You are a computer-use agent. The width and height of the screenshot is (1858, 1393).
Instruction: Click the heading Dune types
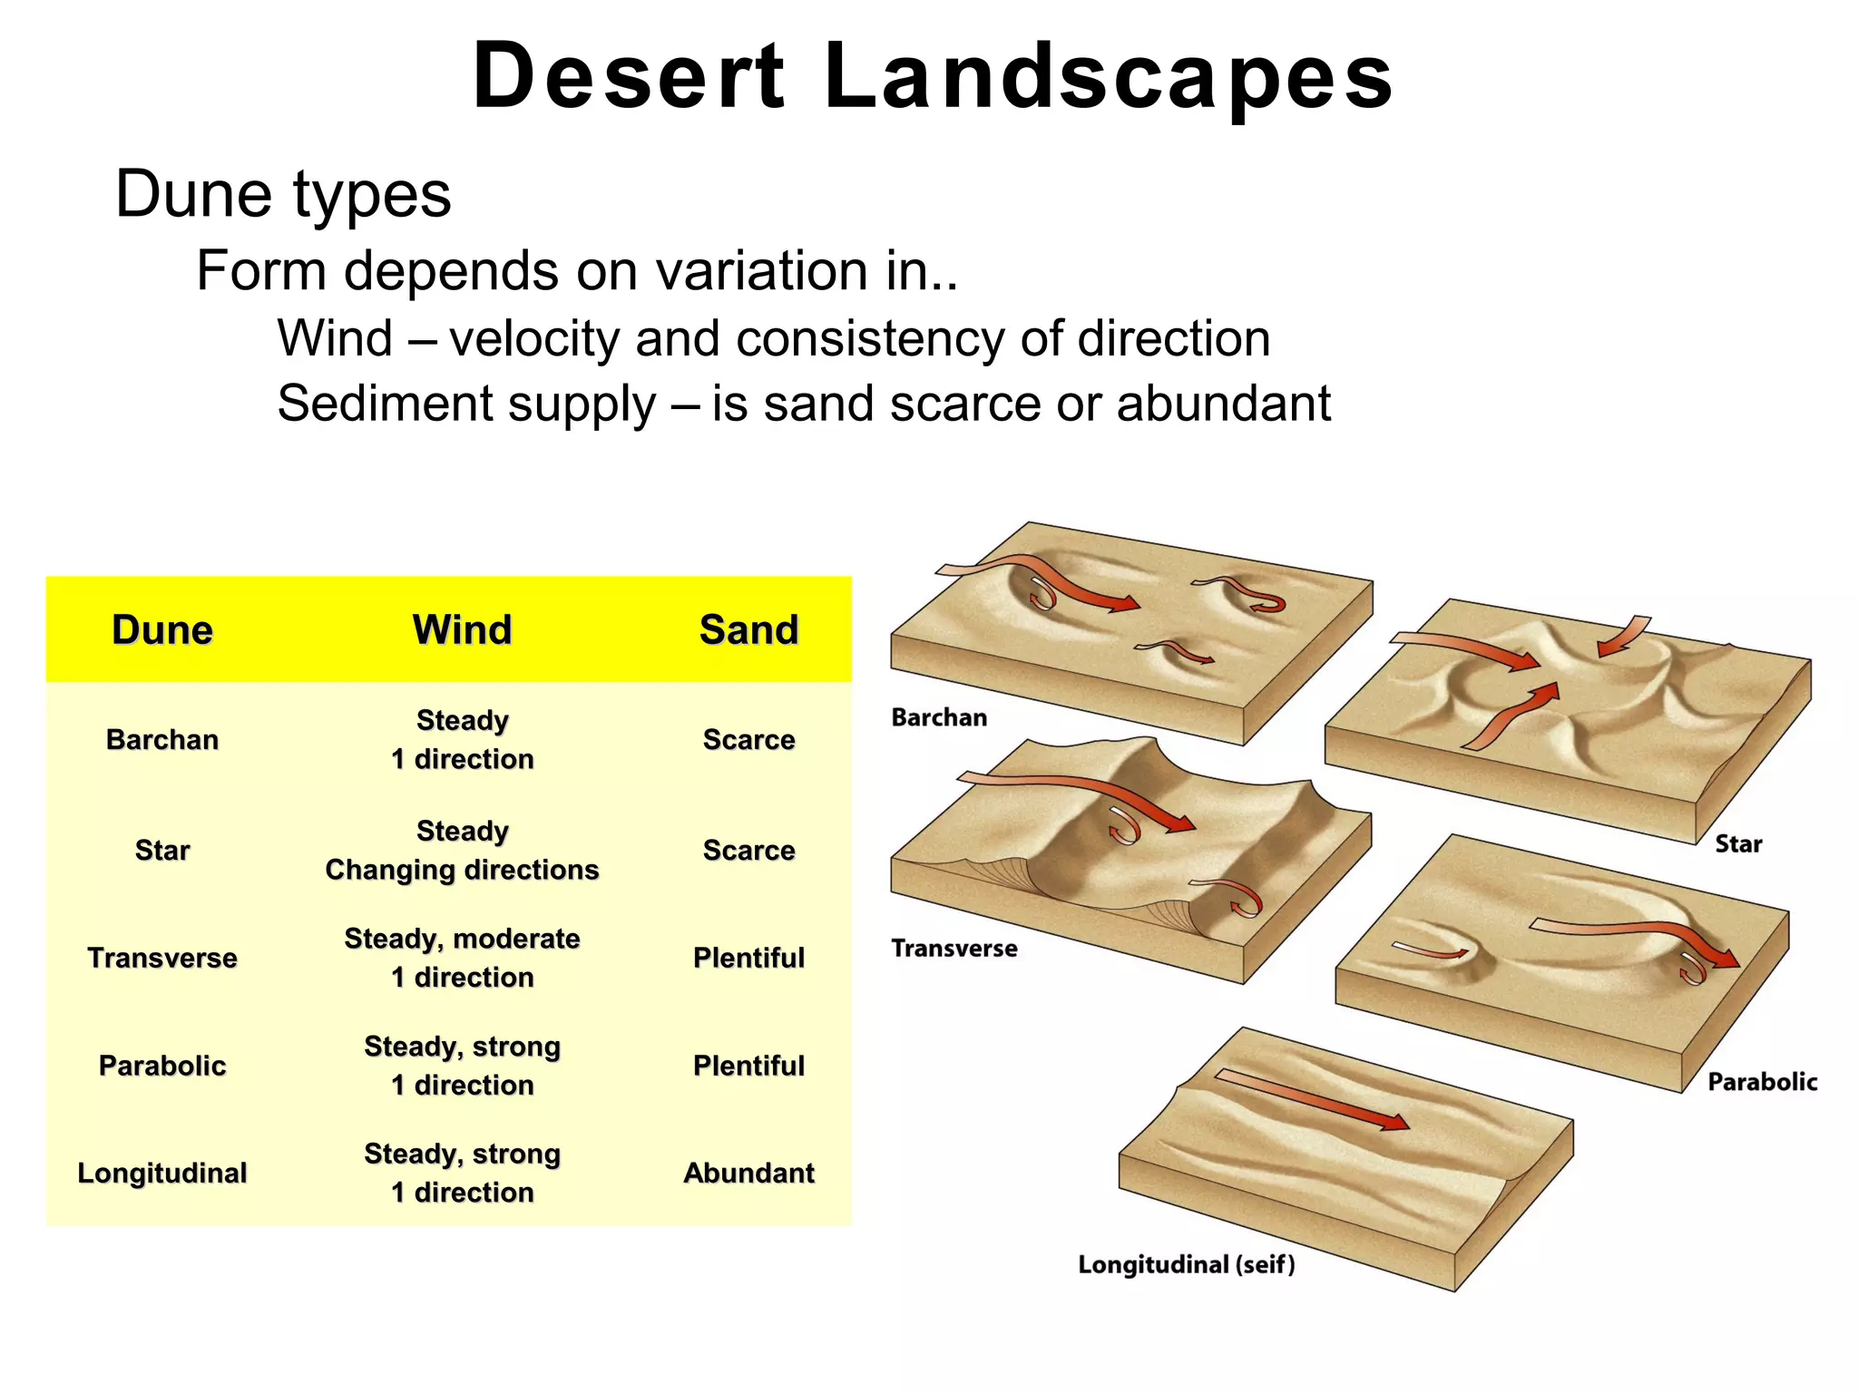283,194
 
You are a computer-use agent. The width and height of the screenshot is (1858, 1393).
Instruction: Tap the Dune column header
162,629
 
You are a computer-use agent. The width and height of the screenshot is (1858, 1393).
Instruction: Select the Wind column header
462,629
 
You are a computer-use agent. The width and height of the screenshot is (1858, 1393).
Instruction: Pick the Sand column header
748,629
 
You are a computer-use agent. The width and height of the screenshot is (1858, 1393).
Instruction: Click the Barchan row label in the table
162,739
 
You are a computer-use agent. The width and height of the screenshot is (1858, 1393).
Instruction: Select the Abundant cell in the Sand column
748,1173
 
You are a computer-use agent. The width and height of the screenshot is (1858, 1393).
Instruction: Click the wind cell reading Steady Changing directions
462,850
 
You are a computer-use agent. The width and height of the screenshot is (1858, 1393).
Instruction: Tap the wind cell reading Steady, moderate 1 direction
462,958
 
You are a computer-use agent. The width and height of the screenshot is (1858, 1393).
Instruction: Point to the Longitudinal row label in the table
162,1173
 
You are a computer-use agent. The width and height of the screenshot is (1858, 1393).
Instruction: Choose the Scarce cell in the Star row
748,850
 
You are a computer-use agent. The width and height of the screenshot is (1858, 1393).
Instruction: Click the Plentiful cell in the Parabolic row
748,1066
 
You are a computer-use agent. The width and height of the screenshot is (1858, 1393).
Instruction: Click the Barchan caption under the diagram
939,717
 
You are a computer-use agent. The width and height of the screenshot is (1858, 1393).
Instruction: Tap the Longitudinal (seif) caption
1186,1264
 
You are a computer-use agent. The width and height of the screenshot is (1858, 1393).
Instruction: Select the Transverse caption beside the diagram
953,949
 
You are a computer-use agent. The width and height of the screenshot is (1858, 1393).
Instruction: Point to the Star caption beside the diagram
1737,844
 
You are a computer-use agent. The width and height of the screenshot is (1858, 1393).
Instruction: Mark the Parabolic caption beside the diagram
1762,1082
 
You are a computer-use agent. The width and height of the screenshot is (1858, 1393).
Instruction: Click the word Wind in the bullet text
335,339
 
